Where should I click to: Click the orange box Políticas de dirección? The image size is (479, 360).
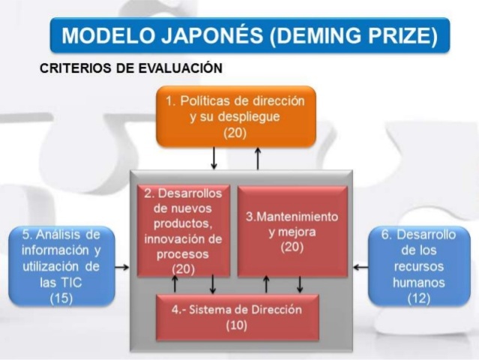pyautogui.click(x=236, y=116)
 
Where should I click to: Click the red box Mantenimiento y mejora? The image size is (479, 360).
pyautogui.click(x=292, y=231)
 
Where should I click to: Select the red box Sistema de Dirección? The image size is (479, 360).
pyautogui.click(x=237, y=316)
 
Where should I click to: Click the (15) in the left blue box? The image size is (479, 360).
pyautogui.click(x=61, y=298)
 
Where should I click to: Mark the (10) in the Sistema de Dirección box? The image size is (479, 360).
pyautogui.click(x=237, y=325)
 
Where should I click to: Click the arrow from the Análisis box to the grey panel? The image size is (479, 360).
pyautogui.click(x=122, y=266)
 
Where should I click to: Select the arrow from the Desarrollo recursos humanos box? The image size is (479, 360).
pyautogui.click(x=361, y=266)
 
